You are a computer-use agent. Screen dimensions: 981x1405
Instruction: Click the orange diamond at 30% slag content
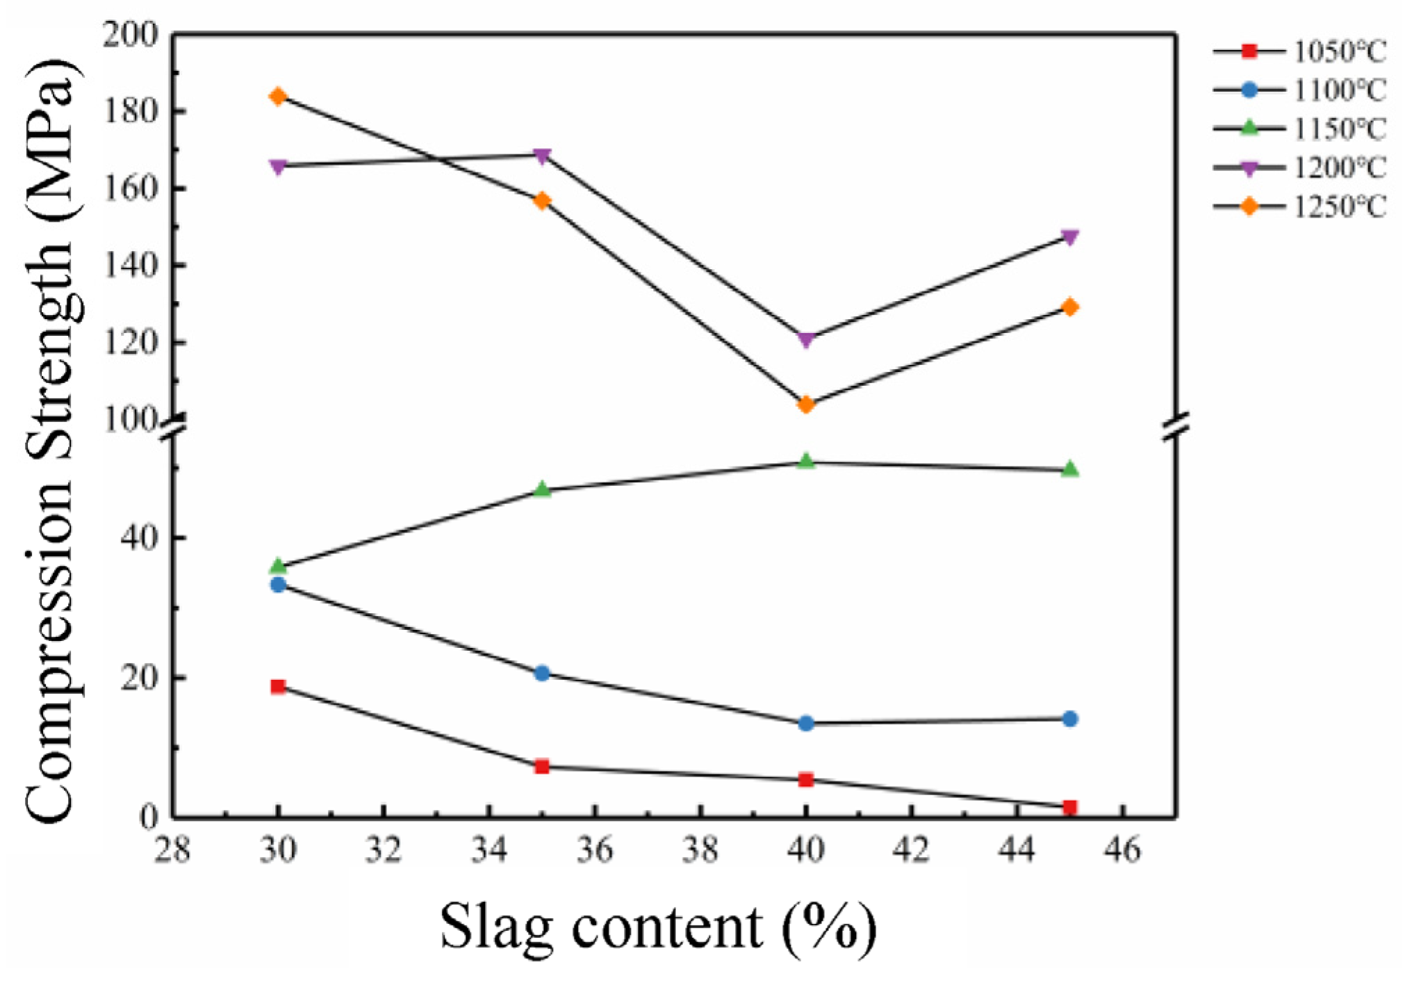(278, 97)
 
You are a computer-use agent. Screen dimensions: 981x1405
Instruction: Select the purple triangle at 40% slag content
(806, 340)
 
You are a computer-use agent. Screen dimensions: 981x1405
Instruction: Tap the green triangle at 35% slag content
(542, 489)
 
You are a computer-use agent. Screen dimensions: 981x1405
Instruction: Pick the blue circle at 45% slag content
(1070, 719)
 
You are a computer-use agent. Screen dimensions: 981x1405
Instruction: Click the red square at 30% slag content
(278, 687)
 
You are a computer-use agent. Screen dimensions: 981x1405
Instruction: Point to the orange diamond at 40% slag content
(806, 405)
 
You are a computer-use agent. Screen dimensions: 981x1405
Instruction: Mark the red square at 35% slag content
(542, 767)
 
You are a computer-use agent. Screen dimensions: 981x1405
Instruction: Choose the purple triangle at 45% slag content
(1070, 238)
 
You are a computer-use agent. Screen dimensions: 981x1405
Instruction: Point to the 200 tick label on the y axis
(131, 35)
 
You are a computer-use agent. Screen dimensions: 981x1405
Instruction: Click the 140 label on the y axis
(131, 266)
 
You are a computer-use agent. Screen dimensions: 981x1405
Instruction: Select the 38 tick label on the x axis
(700, 850)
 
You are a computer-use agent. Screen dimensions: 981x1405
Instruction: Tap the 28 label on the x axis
(172, 850)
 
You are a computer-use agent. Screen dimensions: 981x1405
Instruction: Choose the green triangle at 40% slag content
(806, 461)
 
